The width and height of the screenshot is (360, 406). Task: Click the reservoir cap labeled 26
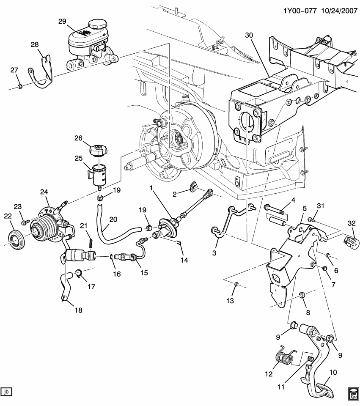click(98, 150)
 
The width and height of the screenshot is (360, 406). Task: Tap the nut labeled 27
click(20, 87)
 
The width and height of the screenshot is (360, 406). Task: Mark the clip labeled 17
click(79, 273)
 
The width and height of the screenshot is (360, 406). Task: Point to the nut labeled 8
click(302, 294)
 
